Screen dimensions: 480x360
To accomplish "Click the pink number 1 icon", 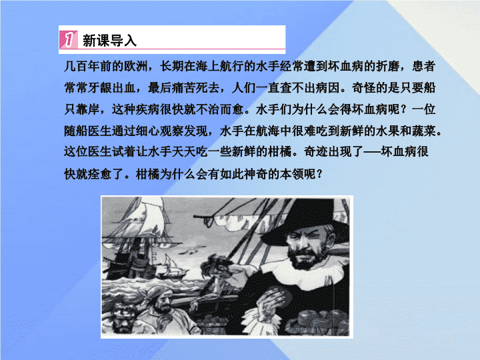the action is coord(68,39).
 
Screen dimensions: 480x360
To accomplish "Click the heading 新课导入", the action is coord(109,41).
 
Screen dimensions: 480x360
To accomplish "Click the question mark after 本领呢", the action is coord(319,174).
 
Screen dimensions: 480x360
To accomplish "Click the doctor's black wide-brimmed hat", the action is coord(306,221).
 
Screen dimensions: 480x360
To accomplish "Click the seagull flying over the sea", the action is coord(192,251).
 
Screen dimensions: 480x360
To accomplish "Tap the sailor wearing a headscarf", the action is coord(159,309).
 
